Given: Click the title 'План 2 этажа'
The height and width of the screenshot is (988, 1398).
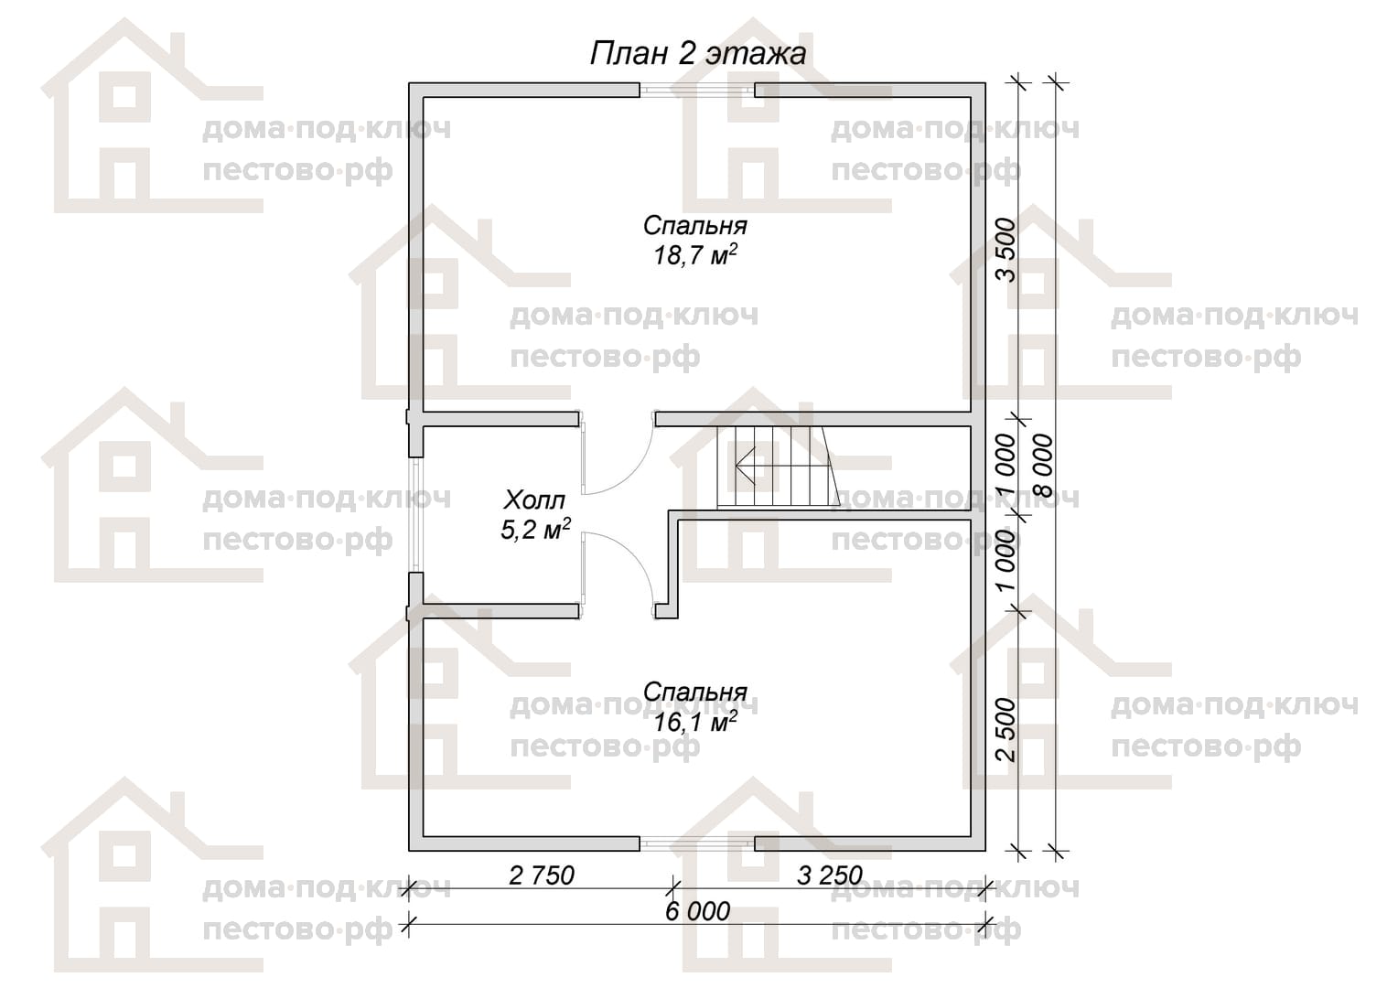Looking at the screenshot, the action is click(698, 54).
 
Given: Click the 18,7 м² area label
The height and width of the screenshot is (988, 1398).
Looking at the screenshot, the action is click(695, 254).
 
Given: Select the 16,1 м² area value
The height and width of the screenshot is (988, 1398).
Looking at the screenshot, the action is click(695, 722).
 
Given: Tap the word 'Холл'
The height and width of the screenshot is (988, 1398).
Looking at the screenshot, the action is click(535, 499).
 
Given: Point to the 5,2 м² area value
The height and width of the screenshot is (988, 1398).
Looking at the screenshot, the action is click(535, 530).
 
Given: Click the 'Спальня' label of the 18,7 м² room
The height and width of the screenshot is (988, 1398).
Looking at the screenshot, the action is click(695, 225).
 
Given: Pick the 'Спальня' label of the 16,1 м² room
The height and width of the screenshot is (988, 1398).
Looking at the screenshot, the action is click(695, 693).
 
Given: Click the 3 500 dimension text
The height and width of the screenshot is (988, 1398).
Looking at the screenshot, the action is click(1006, 250).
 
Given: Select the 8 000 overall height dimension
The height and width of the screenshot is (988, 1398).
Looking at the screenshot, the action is click(1042, 466).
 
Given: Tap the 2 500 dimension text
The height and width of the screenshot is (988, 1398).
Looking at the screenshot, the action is click(1006, 730).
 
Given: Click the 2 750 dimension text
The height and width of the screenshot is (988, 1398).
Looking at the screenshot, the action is click(541, 876).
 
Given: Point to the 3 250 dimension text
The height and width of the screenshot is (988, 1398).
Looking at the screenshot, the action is click(830, 876).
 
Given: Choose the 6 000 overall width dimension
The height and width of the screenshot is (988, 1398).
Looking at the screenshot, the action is click(697, 912).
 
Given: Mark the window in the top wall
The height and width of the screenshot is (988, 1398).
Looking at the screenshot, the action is click(697, 91).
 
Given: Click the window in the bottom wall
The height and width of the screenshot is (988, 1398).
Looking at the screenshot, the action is click(697, 843).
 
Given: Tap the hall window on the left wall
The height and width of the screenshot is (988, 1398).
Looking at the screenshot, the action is click(415, 515).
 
